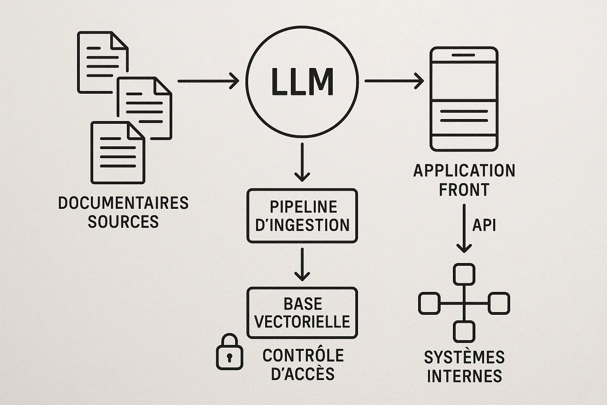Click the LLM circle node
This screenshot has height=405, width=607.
pyautogui.click(x=302, y=81)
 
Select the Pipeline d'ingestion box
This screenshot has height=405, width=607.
pyautogui.click(x=302, y=216)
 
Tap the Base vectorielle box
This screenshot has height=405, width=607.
pyautogui.click(x=302, y=312)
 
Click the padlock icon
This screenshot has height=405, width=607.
pyautogui.click(x=229, y=353)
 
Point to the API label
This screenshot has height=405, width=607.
pyautogui.click(x=484, y=225)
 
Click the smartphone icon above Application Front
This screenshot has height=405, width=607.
pyautogui.click(x=464, y=99)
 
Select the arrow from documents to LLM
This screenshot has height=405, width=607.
pyautogui.click(x=208, y=81)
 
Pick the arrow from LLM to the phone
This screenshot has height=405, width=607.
pyautogui.click(x=394, y=81)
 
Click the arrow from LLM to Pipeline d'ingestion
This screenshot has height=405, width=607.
pyautogui.click(x=302, y=162)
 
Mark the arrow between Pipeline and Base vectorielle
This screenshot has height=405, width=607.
pyautogui.click(x=302, y=264)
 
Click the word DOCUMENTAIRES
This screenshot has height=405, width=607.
pyautogui.click(x=123, y=203)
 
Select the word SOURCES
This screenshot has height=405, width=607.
pyautogui.click(x=123, y=221)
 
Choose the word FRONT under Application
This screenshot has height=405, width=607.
pyautogui.click(x=464, y=190)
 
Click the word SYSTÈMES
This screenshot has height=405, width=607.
pyautogui.click(x=464, y=358)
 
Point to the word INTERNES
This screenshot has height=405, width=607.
pyautogui.click(x=464, y=376)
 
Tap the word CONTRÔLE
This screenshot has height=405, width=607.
pyautogui.click(x=303, y=356)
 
